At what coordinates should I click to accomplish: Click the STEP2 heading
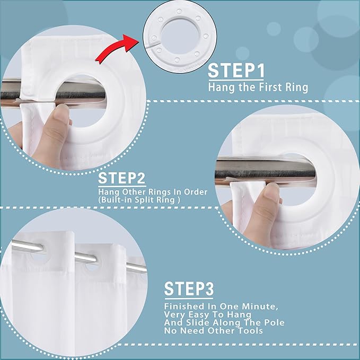click(122, 178)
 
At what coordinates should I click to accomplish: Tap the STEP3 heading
click(189, 289)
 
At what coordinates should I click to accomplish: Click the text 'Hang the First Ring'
click(257, 87)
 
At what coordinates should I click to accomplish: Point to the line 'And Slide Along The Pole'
click(224, 322)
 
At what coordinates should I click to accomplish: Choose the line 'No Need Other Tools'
click(213, 331)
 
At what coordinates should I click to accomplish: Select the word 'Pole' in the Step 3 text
click(274, 322)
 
